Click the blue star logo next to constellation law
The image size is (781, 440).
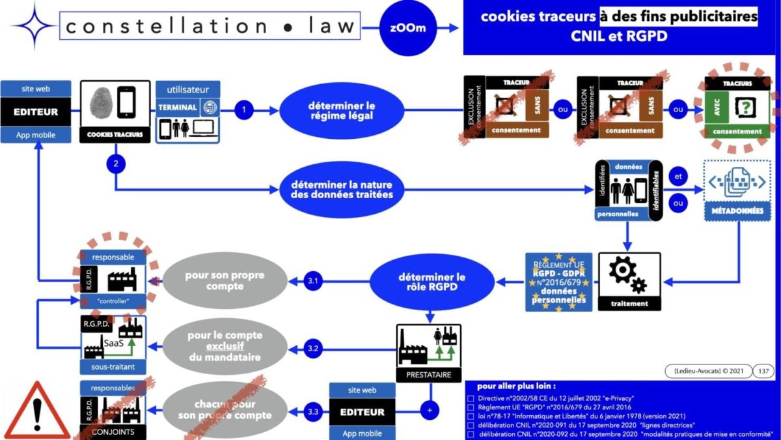coord(33,27)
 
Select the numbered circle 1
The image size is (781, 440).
coord(244,110)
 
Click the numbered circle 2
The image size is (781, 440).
coord(116,164)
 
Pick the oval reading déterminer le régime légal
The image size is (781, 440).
coord(342,111)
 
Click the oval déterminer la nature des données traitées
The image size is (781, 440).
coord(343,189)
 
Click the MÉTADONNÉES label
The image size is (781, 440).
coord(737,211)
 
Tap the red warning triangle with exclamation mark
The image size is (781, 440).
coord(37,412)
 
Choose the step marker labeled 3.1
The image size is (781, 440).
coord(314,282)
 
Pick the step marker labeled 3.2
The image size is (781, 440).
coord(314,348)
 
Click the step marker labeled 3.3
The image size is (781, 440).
coord(314,412)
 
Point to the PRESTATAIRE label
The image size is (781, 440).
coord(428,375)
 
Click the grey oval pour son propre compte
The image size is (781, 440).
coord(225,282)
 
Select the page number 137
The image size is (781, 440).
coord(764,371)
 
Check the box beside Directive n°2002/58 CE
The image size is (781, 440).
coord(471,398)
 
